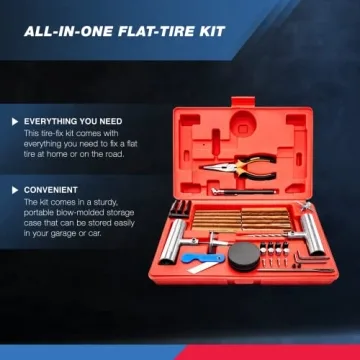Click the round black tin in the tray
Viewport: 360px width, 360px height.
[x=244, y=256]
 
